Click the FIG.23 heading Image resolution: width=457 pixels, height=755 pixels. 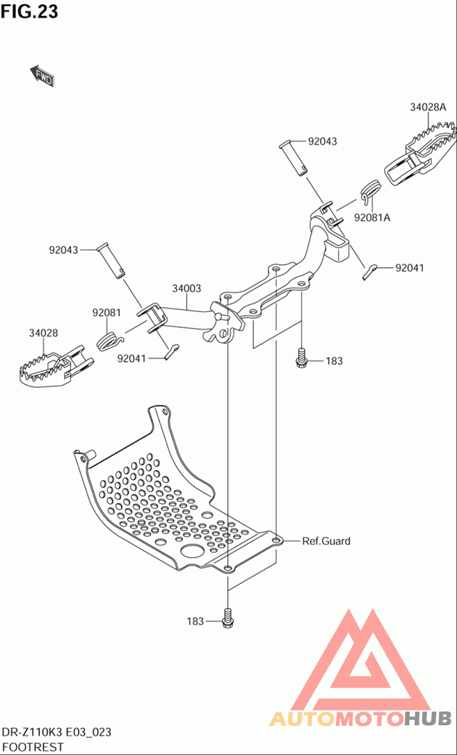pos(29,11)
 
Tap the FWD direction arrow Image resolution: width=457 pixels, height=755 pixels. pos(42,76)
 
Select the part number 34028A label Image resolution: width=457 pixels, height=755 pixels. pos(427,107)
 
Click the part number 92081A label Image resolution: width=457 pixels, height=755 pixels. pos(372,218)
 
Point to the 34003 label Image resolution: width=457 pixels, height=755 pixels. pos(187,289)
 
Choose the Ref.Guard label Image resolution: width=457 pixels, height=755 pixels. pos(326,541)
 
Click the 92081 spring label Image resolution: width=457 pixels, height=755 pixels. pos(107,312)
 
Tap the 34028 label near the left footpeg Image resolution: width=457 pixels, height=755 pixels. pos(43,333)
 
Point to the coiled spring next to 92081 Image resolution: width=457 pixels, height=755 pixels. pos(110,340)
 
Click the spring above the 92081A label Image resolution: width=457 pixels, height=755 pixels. pos(371,191)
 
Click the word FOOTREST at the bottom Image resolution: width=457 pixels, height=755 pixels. pos(33,746)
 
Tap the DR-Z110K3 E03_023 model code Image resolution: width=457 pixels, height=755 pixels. pos(57,733)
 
